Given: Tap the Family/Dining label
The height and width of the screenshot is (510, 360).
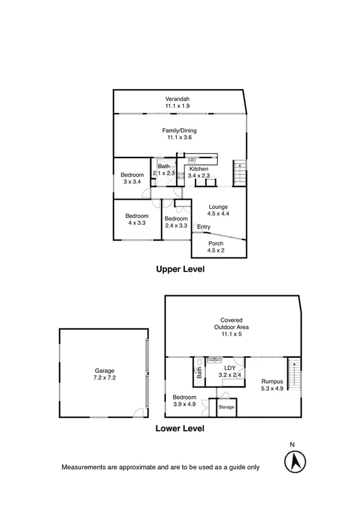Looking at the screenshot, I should [179, 134].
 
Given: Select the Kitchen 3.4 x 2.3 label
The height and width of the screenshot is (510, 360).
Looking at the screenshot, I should [199, 173].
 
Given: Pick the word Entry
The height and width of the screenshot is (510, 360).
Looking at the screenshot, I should [204, 227].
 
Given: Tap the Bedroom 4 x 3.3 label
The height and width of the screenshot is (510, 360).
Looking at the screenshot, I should [136, 220].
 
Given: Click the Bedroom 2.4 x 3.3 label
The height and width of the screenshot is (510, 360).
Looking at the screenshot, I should [176, 222].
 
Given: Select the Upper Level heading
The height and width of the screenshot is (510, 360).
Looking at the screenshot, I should [180, 269].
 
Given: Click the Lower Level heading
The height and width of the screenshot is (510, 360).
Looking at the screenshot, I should [180, 429].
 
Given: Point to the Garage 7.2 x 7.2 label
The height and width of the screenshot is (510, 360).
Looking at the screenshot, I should [104, 375].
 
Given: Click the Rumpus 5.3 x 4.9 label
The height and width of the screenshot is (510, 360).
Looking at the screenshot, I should [272, 384].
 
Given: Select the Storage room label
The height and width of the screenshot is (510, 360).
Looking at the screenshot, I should [227, 407].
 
